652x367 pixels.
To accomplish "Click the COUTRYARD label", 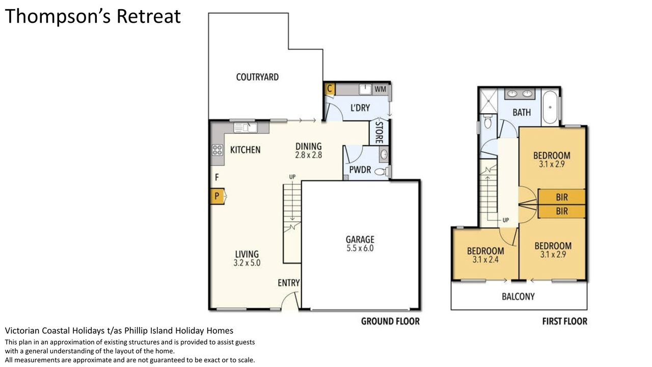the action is [x=257, y=77].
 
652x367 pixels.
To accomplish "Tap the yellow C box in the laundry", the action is [x=330, y=89].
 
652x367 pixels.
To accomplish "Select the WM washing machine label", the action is [x=381, y=89].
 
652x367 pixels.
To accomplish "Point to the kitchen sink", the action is [x=246, y=127].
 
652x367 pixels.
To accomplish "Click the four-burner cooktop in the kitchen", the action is [x=218, y=150].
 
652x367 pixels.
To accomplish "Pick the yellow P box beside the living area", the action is [x=217, y=196].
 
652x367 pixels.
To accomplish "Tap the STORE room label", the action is [x=379, y=132].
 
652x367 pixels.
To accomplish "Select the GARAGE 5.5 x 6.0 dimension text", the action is [x=360, y=248].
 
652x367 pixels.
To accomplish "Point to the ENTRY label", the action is [x=288, y=283].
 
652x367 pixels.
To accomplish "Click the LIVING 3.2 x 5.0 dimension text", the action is [x=247, y=263].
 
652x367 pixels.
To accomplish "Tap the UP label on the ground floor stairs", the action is [x=292, y=177].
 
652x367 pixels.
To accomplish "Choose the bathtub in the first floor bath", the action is [x=550, y=108].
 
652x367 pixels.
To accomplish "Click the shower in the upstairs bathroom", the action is [x=488, y=101].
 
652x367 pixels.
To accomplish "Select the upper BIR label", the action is [x=562, y=197].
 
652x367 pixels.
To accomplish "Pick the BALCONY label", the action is [x=518, y=297].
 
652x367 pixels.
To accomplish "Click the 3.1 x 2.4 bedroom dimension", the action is [x=485, y=259].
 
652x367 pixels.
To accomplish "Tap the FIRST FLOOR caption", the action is [x=565, y=321].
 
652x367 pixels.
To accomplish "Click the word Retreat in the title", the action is [x=149, y=16].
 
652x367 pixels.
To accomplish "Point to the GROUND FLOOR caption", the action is [x=390, y=321].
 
